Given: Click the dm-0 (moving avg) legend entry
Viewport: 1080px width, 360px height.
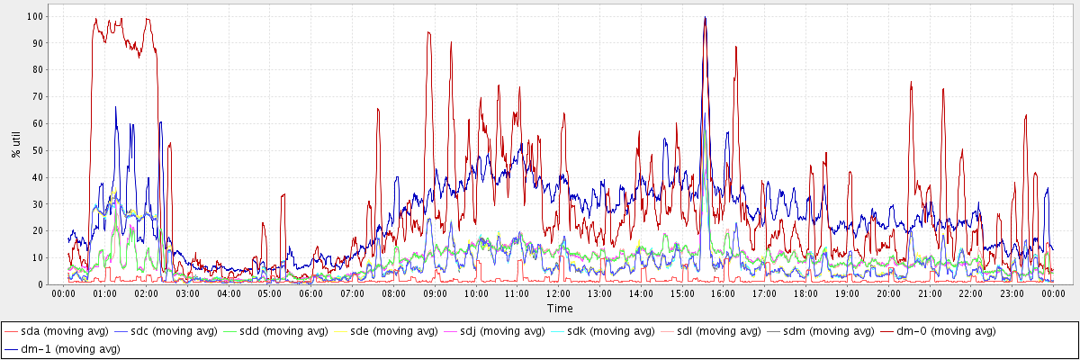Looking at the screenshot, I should (x=937, y=332).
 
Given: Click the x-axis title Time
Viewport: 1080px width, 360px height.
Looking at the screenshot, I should (x=558, y=309).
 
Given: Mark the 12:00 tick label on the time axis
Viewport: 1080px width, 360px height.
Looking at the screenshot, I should (x=558, y=293).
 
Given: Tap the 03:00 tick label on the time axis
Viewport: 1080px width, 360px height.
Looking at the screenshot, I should (x=187, y=293).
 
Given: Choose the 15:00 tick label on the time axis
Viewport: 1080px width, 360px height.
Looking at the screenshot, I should (x=681, y=293).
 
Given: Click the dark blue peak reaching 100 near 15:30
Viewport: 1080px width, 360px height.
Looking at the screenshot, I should (x=706, y=17).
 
